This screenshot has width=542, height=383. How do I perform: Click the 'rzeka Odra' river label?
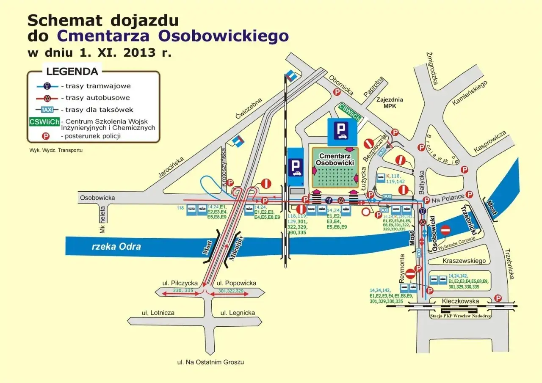pos(116,246)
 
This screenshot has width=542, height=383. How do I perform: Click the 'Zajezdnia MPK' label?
pos(390,103)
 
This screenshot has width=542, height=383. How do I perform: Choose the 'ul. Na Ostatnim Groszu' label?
pos(210,362)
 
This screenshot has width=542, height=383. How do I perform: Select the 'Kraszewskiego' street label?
pos(464,261)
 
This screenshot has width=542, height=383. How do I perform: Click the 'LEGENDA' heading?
pos(72,71)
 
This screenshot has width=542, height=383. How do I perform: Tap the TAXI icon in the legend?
pos(47,110)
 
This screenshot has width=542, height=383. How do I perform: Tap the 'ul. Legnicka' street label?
pos(238,313)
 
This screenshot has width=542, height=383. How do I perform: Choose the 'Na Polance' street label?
pos(448,196)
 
